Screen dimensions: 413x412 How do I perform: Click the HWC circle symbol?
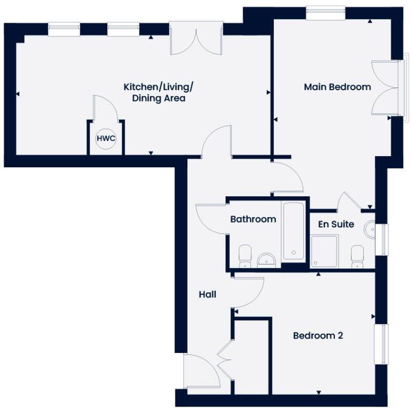pos(106,139)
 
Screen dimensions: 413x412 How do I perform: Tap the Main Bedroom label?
pos(337,87)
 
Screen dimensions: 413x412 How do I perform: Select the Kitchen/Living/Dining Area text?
pos(159,92)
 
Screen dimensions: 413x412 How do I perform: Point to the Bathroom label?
pos(253,219)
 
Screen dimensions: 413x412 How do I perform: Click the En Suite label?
pos(336,224)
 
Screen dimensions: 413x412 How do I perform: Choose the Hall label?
pos(207,294)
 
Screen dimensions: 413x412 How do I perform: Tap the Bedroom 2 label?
pos(318,336)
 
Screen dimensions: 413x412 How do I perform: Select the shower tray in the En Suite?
pos(325,251)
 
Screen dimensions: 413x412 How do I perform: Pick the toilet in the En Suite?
pos(357,256)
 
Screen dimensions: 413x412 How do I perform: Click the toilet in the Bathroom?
pos(245,256)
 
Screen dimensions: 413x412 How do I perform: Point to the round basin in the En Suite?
pos(370,230)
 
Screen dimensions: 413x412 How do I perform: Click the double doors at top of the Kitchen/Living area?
pos(196,38)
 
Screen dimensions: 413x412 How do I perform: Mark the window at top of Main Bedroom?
pos(326,12)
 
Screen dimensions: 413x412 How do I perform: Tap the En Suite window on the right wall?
pos(382,239)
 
